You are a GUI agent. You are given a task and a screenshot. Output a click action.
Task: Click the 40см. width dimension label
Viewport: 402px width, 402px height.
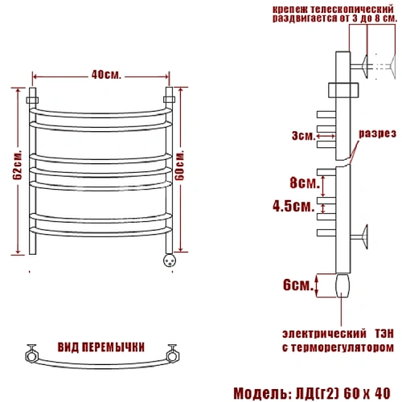point(106,75)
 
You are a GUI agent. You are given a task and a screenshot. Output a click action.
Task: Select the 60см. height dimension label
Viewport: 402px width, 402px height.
point(180,166)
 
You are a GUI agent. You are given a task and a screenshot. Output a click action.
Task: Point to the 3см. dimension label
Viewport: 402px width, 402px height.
point(304,136)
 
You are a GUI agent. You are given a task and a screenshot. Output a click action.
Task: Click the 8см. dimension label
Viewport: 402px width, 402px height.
point(305,183)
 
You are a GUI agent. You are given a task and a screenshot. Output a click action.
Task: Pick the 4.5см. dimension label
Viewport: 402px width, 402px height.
point(293,207)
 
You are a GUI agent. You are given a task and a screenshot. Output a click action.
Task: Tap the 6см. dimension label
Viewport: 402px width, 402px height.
point(298,285)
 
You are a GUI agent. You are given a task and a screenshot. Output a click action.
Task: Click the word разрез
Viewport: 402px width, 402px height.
point(377,133)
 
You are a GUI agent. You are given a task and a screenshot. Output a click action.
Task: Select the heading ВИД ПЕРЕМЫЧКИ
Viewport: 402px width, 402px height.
point(101,347)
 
